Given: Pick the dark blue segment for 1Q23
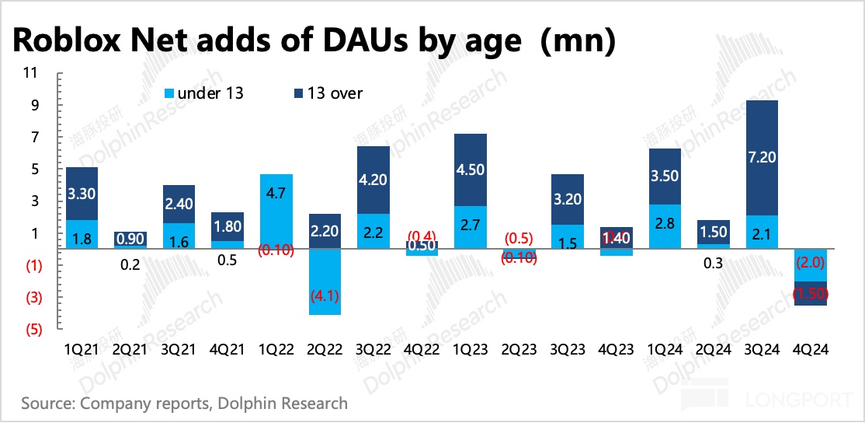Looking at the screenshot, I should [x=470, y=170].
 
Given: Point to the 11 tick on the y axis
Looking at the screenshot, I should [x=31, y=72].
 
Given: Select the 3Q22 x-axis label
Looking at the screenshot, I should [x=373, y=350].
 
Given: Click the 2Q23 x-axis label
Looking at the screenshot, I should [x=518, y=350].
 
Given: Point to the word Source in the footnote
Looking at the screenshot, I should [x=47, y=404].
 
